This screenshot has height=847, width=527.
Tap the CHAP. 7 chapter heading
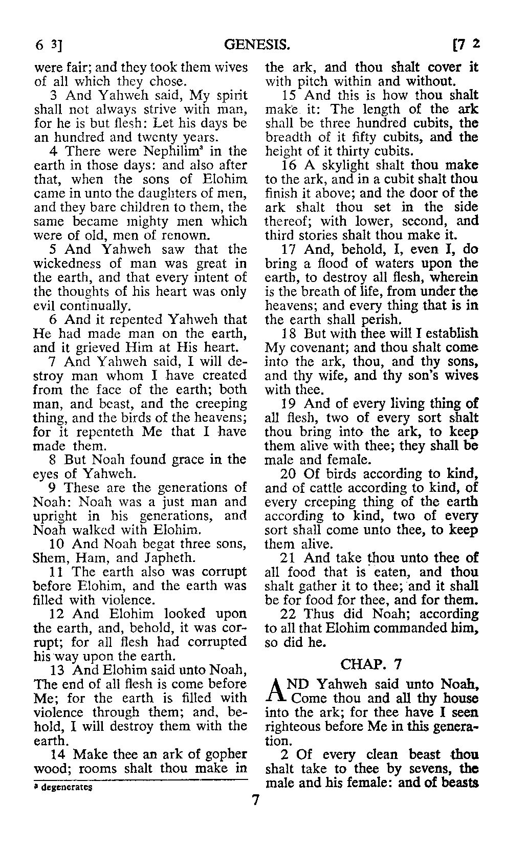[x=371, y=664]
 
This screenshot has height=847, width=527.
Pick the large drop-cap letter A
[x=276, y=692]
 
